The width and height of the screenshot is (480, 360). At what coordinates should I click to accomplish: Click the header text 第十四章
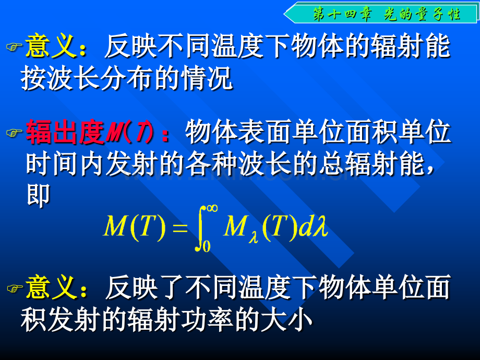(343, 14)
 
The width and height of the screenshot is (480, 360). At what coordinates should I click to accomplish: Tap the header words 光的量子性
(422, 14)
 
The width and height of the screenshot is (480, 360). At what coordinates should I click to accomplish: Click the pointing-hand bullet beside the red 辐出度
(14, 133)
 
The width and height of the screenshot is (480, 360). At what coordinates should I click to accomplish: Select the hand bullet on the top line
(14, 46)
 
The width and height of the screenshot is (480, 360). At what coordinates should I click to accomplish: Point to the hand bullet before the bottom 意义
(15, 289)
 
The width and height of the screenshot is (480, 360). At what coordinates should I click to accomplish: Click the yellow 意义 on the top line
(51, 46)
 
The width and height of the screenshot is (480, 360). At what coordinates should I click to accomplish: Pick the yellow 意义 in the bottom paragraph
(51, 287)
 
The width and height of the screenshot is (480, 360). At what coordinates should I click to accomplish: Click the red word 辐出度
(65, 132)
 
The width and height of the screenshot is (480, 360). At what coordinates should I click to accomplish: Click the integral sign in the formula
(201, 228)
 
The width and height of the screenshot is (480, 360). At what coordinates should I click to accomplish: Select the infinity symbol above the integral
(212, 209)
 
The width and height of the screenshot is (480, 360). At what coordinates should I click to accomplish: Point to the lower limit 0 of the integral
(207, 246)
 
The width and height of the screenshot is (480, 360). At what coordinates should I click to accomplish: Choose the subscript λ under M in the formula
(254, 237)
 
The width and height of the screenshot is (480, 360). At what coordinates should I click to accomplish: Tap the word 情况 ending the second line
(207, 78)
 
